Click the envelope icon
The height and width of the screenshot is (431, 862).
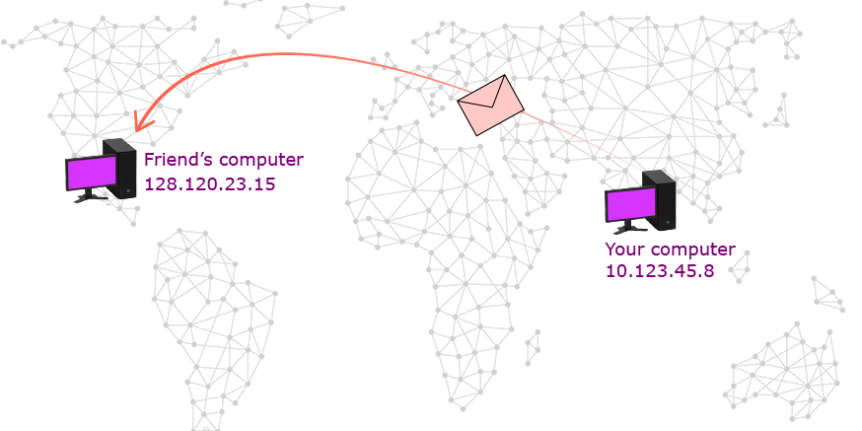(x=491, y=105)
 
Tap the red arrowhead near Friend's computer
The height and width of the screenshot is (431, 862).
(x=141, y=121)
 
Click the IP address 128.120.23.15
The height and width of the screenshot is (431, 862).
(x=209, y=183)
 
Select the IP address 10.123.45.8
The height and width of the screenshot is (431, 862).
(x=660, y=270)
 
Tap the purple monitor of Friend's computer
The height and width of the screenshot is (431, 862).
(x=92, y=173)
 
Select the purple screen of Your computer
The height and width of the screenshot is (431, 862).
(x=631, y=204)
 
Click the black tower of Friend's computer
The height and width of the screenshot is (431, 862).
(x=120, y=169)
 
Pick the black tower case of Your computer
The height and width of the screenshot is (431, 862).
(x=660, y=200)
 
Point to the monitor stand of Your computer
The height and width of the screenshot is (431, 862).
(x=630, y=228)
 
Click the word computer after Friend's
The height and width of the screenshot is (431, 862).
(x=261, y=161)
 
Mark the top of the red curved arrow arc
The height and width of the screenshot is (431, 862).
(x=283, y=54)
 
